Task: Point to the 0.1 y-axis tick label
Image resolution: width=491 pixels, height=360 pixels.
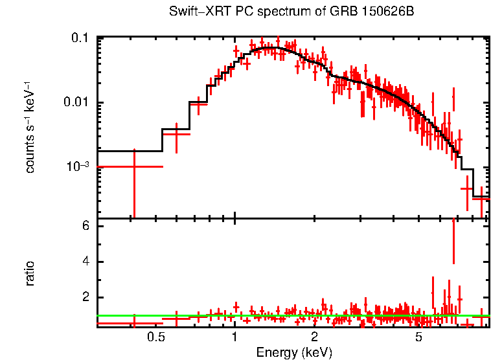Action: coord(80,38)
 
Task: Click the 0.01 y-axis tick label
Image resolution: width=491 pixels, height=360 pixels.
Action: coord(77,103)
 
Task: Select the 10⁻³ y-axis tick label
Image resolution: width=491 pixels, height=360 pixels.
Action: coord(78,166)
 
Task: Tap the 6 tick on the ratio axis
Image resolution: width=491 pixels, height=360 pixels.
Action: coord(84,227)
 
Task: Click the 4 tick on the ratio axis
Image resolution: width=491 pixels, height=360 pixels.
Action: coord(84,262)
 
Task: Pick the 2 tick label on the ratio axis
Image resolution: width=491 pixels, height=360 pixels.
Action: coord(84,298)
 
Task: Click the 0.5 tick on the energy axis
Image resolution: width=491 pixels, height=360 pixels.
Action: coord(155,338)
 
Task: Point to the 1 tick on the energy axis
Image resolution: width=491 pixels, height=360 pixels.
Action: coord(234,338)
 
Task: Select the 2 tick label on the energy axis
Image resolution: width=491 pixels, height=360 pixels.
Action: coord(314,338)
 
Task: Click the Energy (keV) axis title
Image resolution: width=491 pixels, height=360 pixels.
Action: coord(294,352)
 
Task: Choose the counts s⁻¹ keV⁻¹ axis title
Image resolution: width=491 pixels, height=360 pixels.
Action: coord(30,127)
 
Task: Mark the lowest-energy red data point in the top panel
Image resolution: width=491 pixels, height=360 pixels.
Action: coord(134,166)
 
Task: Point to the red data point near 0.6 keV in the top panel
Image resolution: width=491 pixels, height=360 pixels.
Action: coord(176,133)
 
